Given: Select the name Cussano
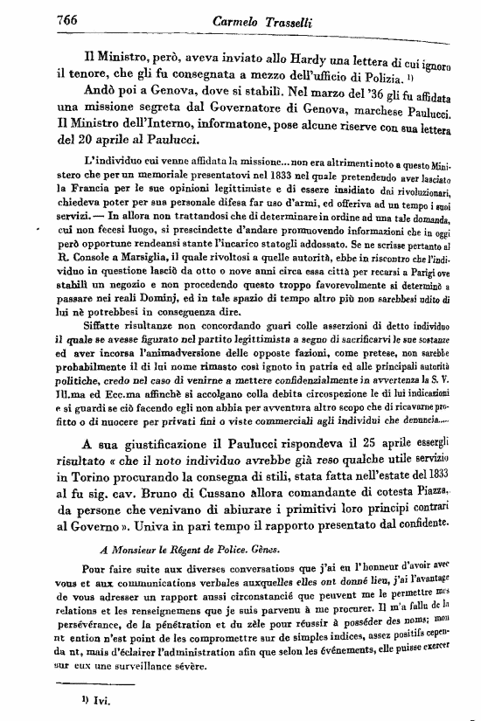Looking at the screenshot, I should [x=224, y=495].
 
